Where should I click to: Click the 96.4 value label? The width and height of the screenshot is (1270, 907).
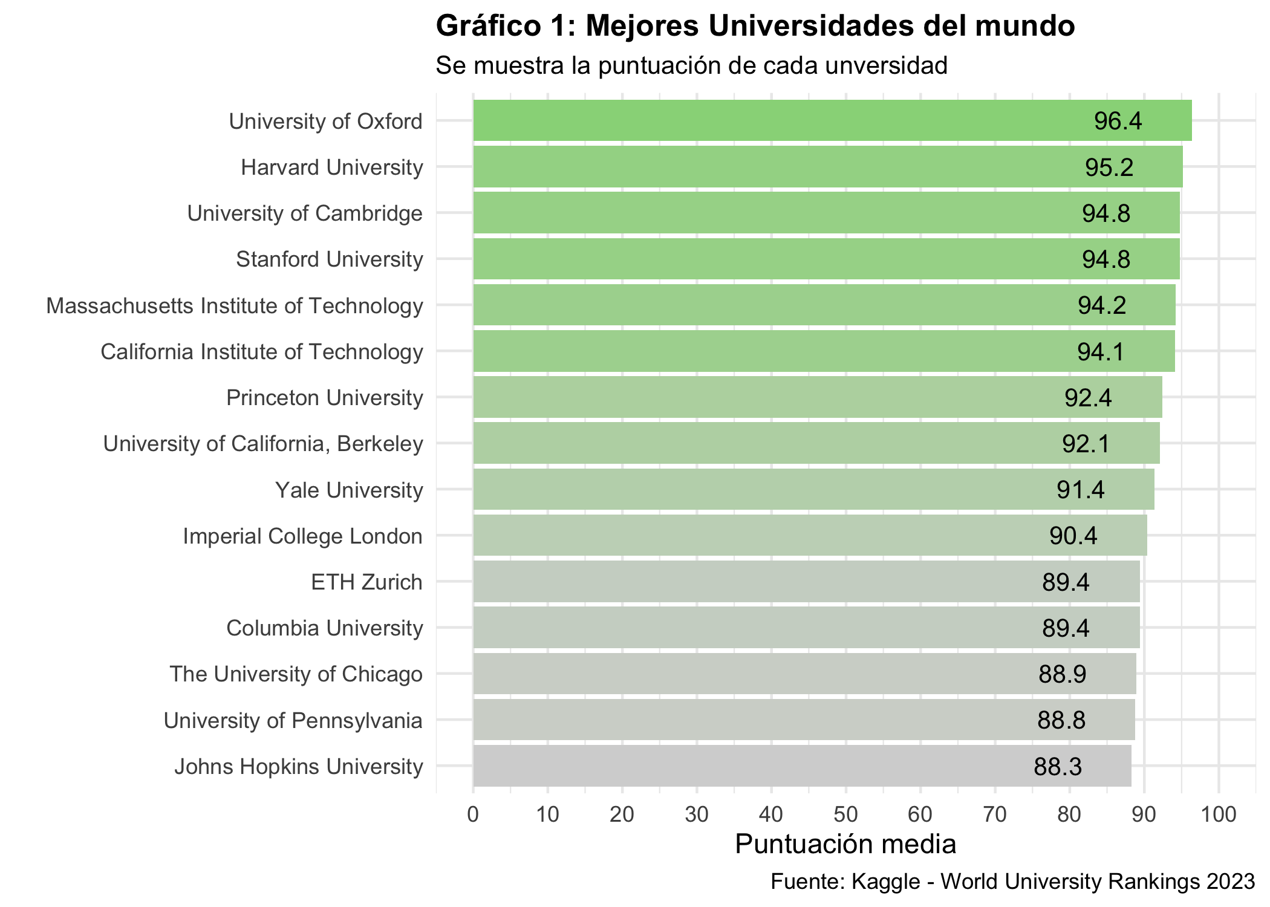pyautogui.click(x=1118, y=122)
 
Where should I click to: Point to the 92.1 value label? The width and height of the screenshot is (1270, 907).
pyautogui.click(x=1086, y=444)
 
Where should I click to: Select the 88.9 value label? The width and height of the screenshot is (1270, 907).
pyautogui.click(x=1063, y=674)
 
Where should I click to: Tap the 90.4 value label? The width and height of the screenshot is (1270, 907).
pyautogui.click(x=1073, y=536)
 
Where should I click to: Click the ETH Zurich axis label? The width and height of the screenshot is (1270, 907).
pyautogui.click(x=366, y=582)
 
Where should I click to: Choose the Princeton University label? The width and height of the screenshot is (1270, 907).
pyautogui.click(x=324, y=398)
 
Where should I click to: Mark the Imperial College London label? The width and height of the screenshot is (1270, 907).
pyautogui.click(x=302, y=536)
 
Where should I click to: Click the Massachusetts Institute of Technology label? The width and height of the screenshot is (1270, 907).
pyautogui.click(x=235, y=306)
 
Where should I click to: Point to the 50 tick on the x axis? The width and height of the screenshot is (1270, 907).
pyautogui.click(x=845, y=815)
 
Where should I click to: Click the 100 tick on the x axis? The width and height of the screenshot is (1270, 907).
pyautogui.click(x=1219, y=815)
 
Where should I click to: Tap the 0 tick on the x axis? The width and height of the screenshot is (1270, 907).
pyautogui.click(x=473, y=815)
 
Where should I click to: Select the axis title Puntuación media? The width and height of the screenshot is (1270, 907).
pyautogui.click(x=845, y=844)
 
